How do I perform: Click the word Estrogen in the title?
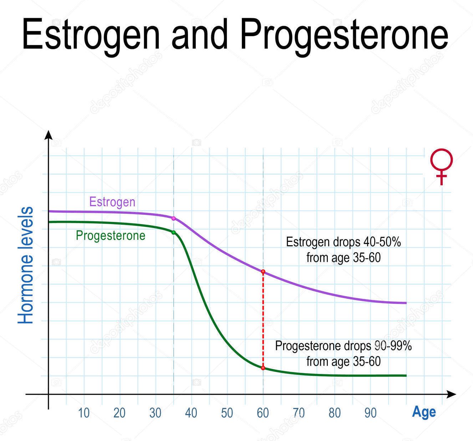(91, 35)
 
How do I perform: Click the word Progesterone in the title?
(344, 35)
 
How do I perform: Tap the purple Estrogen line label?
(112, 202)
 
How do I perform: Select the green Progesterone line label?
(111, 235)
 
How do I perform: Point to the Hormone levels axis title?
(26, 265)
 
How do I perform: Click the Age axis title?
(424, 412)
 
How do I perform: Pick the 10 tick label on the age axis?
(83, 413)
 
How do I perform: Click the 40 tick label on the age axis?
(191, 413)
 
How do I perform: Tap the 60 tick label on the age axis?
(263, 413)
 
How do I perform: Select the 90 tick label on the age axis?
(370, 413)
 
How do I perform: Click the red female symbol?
(442, 166)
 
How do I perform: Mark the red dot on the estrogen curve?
(263, 272)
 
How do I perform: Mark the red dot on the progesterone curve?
(263, 368)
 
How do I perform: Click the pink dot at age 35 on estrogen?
(174, 218)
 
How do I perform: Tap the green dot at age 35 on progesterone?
(174, 232)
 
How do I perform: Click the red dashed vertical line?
(263, 320)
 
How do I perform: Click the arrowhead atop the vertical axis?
(49, 135)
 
